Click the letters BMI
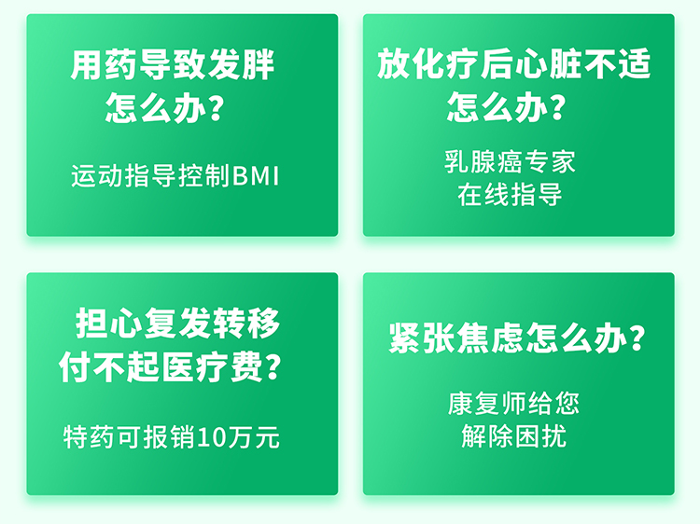[256, 175]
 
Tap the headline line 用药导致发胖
[173, 65]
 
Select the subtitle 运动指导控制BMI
[175, 175]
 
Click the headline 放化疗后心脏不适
[513, 63]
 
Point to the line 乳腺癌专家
[510, 161]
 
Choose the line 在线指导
[510, 195]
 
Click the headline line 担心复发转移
[177, 323]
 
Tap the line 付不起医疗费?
[171, 366]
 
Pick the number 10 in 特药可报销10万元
[212, 437]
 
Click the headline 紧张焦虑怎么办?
[517, 338]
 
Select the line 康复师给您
[513, 403]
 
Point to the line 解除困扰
[514, 435]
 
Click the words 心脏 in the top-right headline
[547, 63]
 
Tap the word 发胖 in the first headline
[241, 65]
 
